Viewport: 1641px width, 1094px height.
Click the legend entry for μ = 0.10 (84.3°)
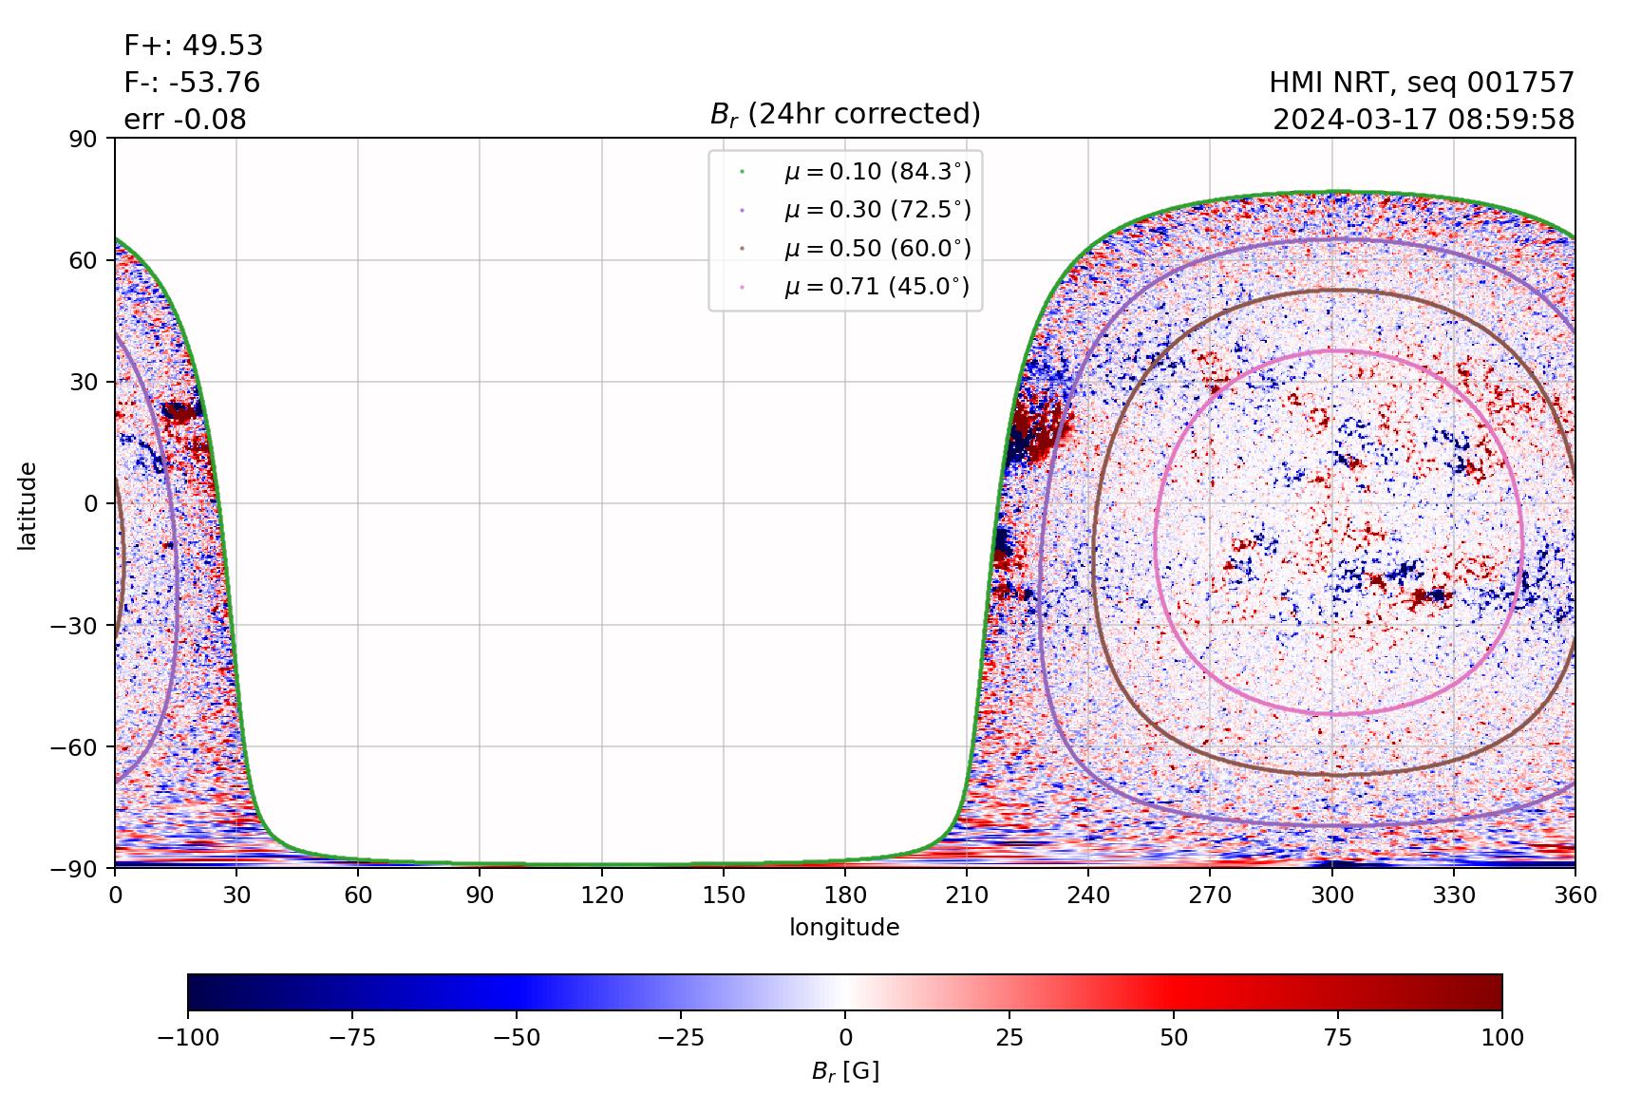[877, 172]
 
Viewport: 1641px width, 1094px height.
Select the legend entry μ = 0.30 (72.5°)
[877, 210]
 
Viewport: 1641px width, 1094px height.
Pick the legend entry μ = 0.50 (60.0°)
[877, 249]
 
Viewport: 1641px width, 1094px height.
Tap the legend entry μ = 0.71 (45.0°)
[877, 287]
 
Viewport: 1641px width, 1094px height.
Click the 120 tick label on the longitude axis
[602, 895]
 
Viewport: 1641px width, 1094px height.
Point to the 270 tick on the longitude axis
[1211, 895]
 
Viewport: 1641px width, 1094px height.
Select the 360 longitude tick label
[1575, 895]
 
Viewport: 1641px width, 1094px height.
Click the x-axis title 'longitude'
[844, 927]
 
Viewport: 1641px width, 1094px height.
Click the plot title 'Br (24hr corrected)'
[844, 114]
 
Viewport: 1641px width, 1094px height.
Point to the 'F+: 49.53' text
[194, 46]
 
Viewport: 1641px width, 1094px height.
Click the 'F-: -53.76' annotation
[192, 83]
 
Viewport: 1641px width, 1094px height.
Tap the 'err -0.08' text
[185, 120]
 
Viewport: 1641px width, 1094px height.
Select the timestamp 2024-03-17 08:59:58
[1424, 120]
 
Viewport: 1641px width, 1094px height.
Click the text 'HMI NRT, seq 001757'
[1422, 83]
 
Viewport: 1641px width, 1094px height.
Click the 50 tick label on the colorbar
[1174, 1037]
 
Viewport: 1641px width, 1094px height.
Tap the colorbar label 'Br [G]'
[844, 1071]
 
